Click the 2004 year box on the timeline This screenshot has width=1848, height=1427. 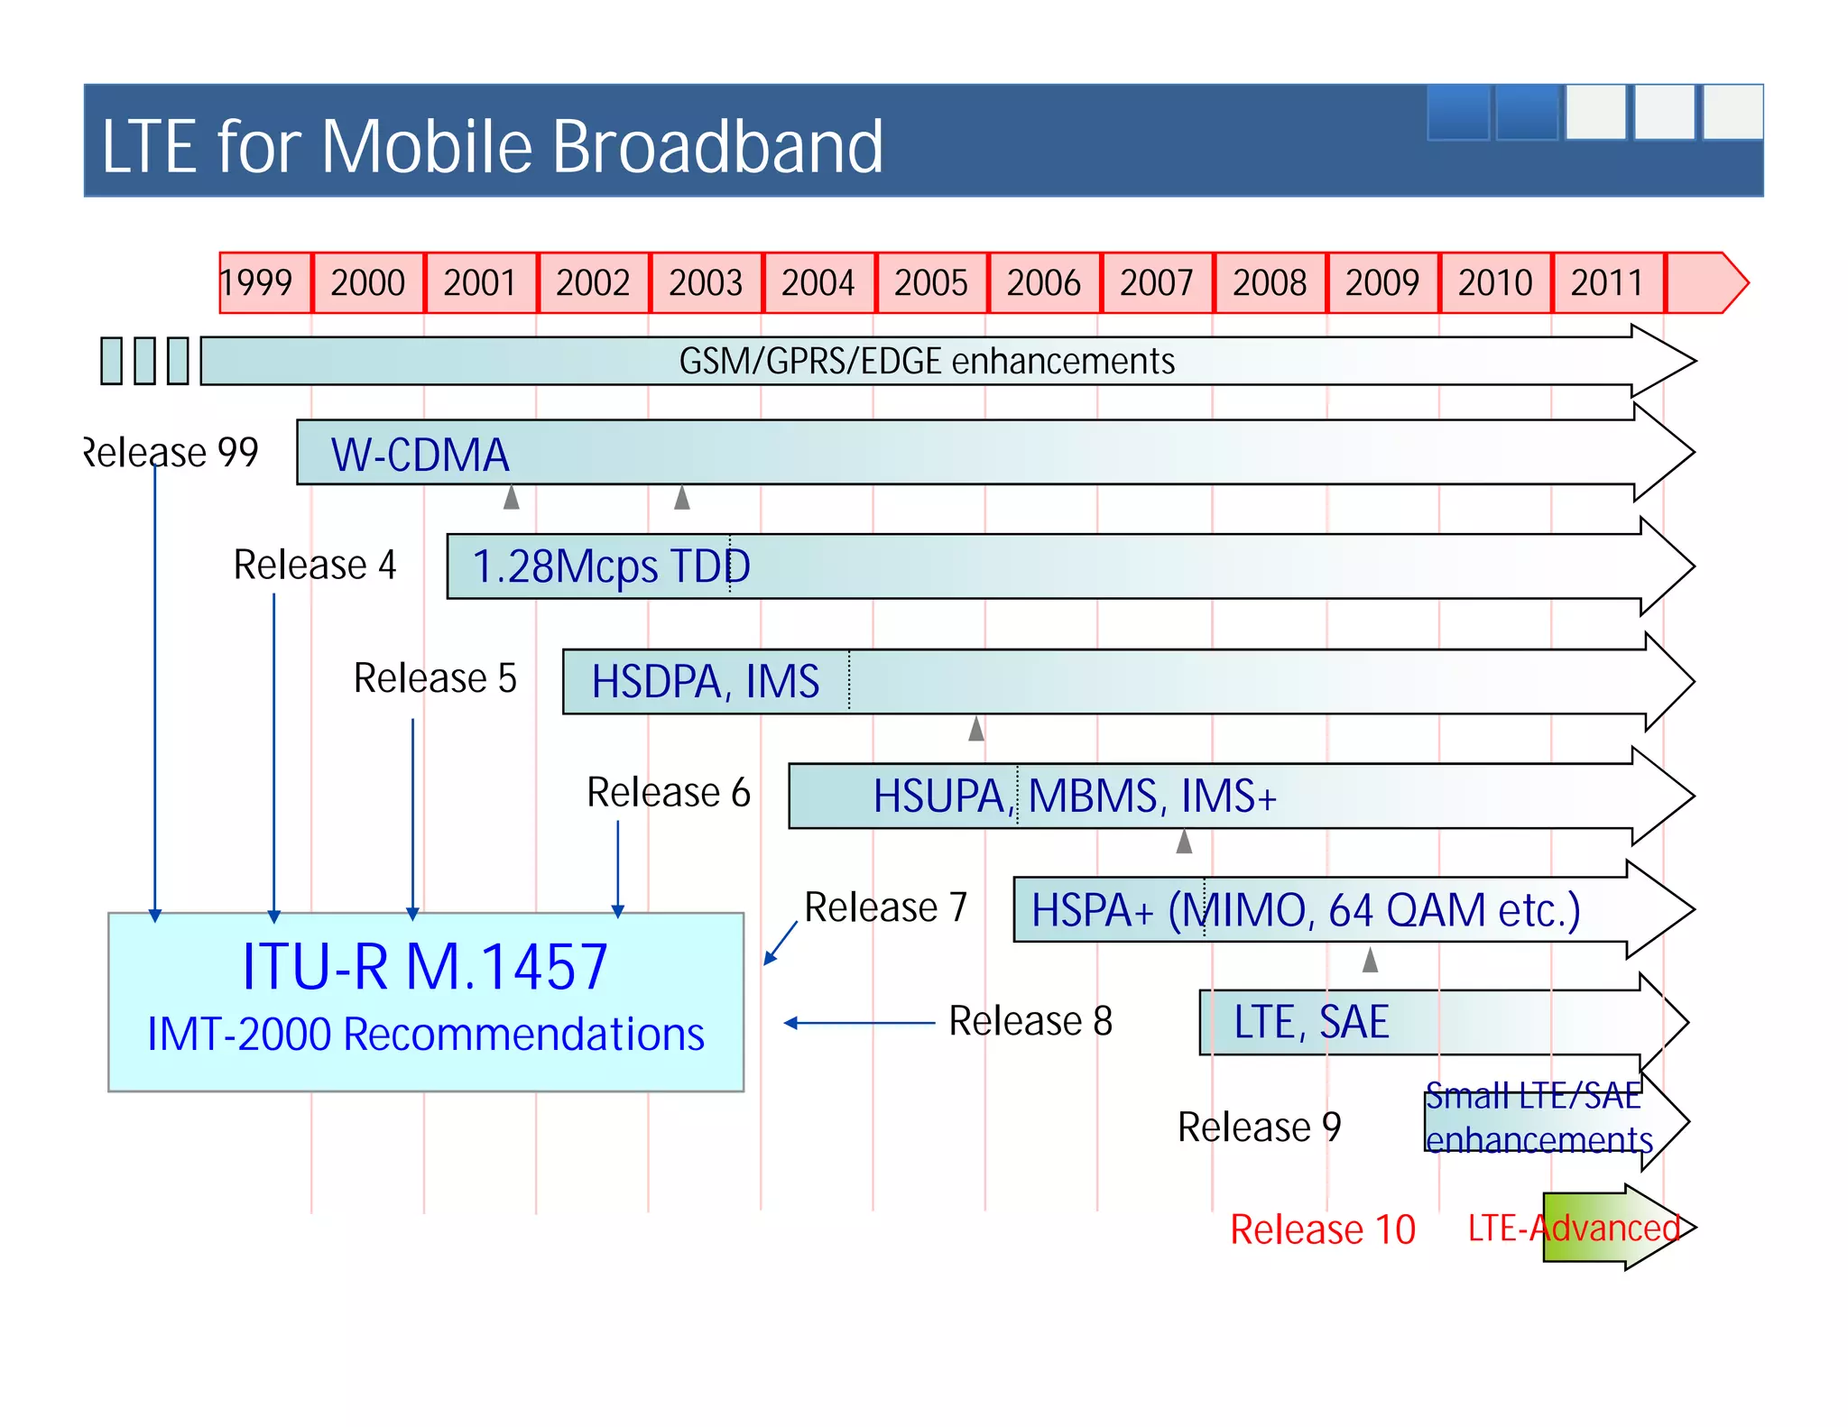pyautogui.click(x=818, y=283)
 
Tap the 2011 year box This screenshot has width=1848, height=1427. pyautogui.click(x=1607, y=283)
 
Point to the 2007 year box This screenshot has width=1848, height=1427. pyautogui.click(x=1156, y=283)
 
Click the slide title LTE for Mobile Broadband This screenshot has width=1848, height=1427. pyautogui.click(x=493, y=146)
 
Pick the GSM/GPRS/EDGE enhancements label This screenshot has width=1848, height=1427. pyautogui.click(x=927, y=361)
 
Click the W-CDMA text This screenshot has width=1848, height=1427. pyautogui.click(x=420, y=455)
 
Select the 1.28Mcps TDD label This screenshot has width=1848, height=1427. pyautogui.click(x=611, y=566)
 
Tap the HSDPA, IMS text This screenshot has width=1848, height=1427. pyautogui.click(x=705, y=681)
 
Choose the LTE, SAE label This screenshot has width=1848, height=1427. pyautogui.click(x=1310, y=1022)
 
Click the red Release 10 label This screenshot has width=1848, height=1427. pyautogui.click(x=1323, y=1229)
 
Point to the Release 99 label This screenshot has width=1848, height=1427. pyautogui.click(x=171, y=452)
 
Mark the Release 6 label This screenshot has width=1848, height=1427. pyautogui.click(x=669, y=792)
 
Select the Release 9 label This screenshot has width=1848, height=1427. pyautogui.click(x=1260, y=1127)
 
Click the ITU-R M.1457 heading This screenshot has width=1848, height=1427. pyautogui.click(x=425, y=967)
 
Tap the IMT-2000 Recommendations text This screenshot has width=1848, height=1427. pyautogui.click(x=426, y=1034)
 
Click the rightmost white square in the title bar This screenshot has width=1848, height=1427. pyautogui.click(x=1732, y=113)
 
